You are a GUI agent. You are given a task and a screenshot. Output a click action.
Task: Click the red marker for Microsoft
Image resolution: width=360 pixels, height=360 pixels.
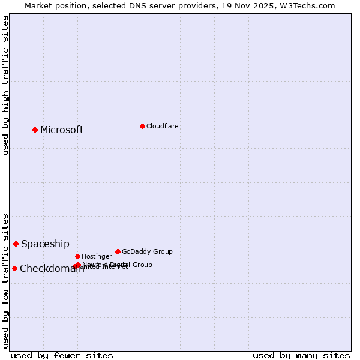coord(35,130)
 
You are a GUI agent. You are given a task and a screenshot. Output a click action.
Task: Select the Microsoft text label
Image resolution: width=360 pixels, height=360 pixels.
coord(62,130)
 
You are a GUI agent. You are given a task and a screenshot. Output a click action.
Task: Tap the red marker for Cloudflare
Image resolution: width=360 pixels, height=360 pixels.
coord(142,126)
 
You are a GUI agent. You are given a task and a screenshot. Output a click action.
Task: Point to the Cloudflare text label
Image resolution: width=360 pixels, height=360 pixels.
coord(162,126)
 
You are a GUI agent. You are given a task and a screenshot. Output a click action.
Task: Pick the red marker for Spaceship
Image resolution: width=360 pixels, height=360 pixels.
coord(16,244)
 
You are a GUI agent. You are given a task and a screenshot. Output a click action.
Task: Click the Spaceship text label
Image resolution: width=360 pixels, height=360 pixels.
coord(45,244)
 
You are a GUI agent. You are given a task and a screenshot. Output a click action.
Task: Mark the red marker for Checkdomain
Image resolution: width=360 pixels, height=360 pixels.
coord(14,268)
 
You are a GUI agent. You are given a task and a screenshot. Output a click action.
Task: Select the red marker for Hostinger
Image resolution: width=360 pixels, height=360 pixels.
coord(77,256)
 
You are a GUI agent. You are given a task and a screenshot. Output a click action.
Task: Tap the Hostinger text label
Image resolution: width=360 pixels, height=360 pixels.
coord(97,256)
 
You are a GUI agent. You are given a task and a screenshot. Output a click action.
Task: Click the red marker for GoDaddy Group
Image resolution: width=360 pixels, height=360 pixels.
coord(118,251)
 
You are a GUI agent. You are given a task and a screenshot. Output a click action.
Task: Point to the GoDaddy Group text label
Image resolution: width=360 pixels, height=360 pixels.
coord(147,251)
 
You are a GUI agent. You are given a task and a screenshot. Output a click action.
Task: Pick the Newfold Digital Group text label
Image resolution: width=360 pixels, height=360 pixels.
coord(117,264)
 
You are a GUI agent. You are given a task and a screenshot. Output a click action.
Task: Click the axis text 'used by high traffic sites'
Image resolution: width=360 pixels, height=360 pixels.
coord(5,85)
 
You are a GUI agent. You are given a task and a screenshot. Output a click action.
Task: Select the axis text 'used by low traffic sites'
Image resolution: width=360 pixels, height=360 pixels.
coord(5,280)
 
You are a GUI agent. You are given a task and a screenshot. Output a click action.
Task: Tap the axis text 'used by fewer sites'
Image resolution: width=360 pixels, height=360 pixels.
coord(62,355)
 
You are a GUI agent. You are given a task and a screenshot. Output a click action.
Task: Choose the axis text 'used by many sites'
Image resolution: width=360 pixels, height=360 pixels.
coord(301,355)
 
